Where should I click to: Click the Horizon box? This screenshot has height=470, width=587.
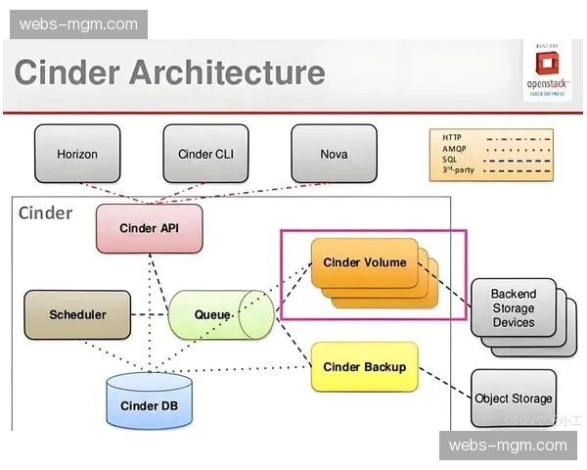(x=77, y=154)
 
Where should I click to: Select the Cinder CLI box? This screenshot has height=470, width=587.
(x=205, y=154)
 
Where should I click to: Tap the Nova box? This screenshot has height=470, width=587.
(x=334, y=154)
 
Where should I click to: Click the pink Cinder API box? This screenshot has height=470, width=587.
(x=149, y=228)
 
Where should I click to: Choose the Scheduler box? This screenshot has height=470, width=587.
(x=77, y=315)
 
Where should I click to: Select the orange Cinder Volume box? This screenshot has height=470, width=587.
(x=364, y=262)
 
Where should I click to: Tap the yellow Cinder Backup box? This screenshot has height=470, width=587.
(x=364, y=367)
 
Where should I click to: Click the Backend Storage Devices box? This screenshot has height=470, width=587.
(x=513, y=308)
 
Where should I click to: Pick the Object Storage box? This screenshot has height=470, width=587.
(x=514, y=399)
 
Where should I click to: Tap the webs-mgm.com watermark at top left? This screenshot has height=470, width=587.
(x=78, y=24)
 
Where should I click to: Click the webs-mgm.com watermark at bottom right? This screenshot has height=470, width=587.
(x=508, y=446)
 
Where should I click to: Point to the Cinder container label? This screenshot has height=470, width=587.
(x=46, y=212)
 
